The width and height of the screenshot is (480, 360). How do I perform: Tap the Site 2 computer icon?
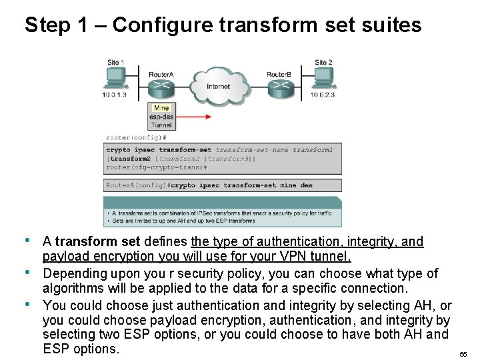pos(323,79)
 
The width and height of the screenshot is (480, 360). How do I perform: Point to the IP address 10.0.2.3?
pos(323,95)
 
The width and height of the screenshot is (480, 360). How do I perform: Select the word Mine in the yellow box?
pos(161,108)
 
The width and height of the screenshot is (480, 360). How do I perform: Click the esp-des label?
pos(161,117)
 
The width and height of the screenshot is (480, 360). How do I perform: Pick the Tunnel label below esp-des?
pos(161,125)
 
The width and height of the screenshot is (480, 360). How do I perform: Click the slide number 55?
pos(463,355)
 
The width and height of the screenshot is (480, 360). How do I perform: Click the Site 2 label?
pos(323,63)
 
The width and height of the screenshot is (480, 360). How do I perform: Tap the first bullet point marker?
pos(27,240)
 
